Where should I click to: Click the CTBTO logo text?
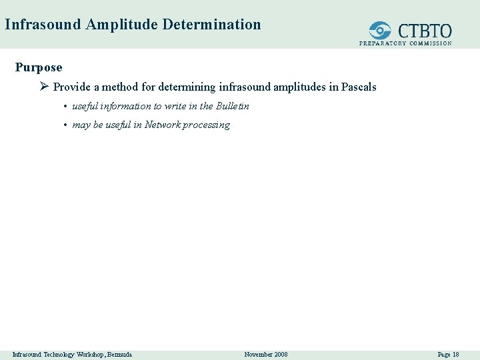pyautogui.click(x=425, y=31)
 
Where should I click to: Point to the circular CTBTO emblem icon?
pyautogui.click(x=381, y=30)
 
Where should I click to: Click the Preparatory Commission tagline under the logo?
pyautogui.click(x=405, y=43)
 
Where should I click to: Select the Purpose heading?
pyautogui.click(x=39, y=67)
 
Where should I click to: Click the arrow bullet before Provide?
pyautogui.click(x=45, y=87)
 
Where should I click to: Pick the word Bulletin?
pyautogui.click(x=233, y=106)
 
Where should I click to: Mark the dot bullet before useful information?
pyautogui.click(x=65, y=107)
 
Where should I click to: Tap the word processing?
pyautogui.click(x=207, y=125)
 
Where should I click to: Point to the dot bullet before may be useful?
pyautogui.click(x=65, y=125)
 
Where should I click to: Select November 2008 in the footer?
pyautogui.click(x=266, y=354)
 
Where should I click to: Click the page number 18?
pyautogui.click(x=455, y=354)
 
